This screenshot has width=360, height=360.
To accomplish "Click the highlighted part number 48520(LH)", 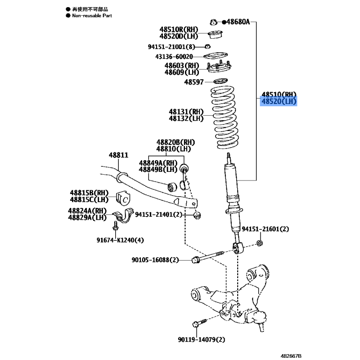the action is coord(279,101).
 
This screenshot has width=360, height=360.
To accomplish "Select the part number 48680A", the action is coord(238,22).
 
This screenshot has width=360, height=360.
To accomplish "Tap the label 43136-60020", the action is coord(174,57).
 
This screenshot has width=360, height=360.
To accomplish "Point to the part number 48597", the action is coord(194,82).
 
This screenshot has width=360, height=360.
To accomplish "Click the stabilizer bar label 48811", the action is coord(118,155).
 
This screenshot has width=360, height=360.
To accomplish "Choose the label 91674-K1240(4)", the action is coord(120,240).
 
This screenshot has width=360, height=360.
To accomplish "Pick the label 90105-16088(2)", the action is coord(155,260).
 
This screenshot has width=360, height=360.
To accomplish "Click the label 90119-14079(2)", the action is coord(201,339).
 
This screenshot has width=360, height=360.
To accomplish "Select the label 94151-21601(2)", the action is coord(265,229).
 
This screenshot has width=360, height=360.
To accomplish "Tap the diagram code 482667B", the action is coord(291,356).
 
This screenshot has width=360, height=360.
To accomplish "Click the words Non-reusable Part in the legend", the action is coord(92,16).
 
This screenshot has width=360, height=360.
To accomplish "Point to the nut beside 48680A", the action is coord(213,22).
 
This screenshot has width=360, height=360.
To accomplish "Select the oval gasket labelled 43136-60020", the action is coord(216,56).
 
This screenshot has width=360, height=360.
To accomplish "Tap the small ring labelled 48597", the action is coord(220,81).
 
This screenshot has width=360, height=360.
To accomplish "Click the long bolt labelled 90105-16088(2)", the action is coord(208,256).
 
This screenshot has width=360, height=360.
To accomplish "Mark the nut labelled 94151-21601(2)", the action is coord(260,243).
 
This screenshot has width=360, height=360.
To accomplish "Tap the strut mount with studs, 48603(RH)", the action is coord(219,67).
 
